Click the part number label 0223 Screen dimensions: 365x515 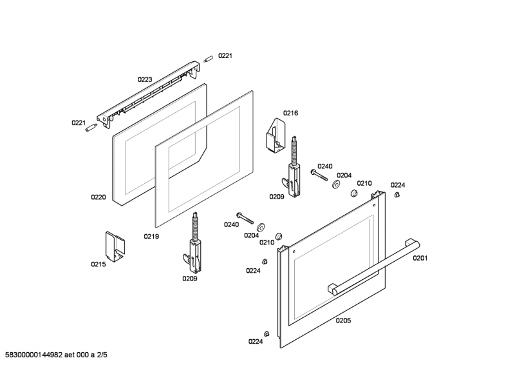[x=144, y=79]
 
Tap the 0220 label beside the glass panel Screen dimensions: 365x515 [x=98, y=197]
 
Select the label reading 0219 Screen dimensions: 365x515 [x=151, y=237]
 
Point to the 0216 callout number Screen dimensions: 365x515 [x=290, y=113]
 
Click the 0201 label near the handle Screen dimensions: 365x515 [x=420, y=259]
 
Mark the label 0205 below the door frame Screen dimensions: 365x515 [x=343, y=321]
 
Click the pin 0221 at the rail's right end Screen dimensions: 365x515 [x=208, y=59]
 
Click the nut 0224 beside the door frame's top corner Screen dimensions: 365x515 [x=397, y=194]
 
